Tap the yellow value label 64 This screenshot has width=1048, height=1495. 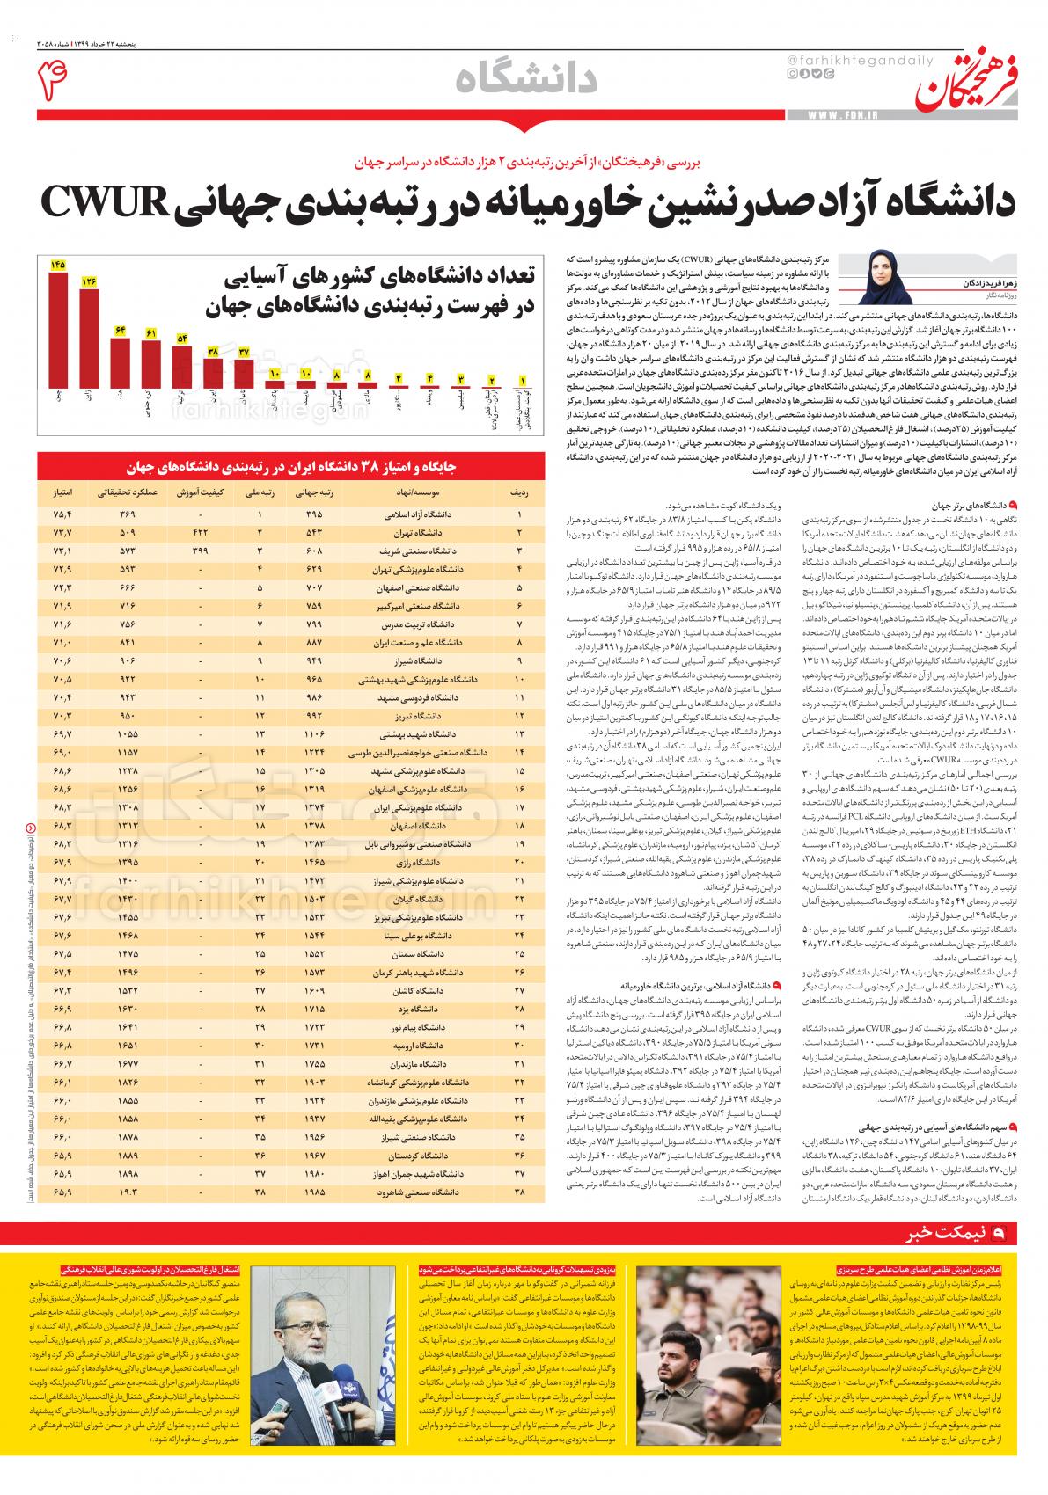click(x=121, y=330)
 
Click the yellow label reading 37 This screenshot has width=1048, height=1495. click(x=244, y=351)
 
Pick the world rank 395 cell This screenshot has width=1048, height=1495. click(x=313, y=514)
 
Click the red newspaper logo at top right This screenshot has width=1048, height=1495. click(x=968, y=82)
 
